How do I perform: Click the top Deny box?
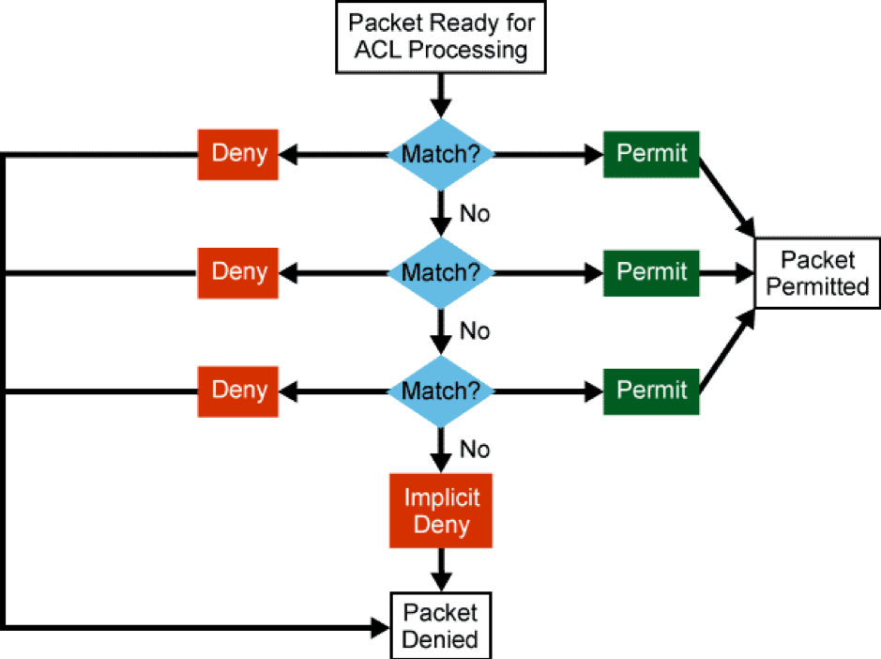point(237,154)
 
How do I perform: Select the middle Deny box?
point(237,272)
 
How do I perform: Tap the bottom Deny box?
point(237,391)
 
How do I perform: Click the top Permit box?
point(651,154)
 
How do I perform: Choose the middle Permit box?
point(651,272)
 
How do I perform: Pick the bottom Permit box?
point(651,391)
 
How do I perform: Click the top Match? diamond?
point(441,154)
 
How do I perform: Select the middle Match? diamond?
point(441,272)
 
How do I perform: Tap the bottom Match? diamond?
point(441,391)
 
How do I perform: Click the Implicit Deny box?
point(441,511)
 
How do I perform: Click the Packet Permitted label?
point(817,273)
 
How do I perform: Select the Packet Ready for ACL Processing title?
point(441,36)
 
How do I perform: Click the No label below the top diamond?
point(474,214)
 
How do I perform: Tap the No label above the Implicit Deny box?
point(474,450)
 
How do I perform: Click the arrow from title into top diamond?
point(441,95)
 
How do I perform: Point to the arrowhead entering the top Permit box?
point(593,154)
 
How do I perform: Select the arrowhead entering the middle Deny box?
point(290,272)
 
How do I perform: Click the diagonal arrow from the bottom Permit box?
point(727,353)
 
